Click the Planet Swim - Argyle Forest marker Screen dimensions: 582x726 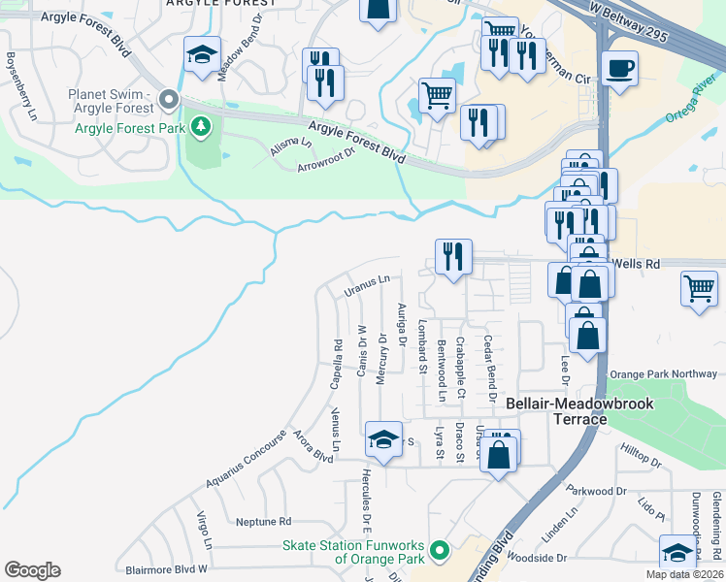click(169, 100)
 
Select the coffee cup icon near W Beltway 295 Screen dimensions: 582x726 click(618, 69)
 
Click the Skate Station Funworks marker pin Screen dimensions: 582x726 click(439, 551)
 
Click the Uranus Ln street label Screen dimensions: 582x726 click(366, 284)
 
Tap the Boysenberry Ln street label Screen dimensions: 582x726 click(18, 87)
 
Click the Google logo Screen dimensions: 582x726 click(32, 570)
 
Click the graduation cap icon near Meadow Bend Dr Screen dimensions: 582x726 click(202, 55)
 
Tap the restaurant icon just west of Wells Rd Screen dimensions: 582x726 click(453, 257)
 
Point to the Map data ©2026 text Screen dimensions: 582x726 click(684, 574)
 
